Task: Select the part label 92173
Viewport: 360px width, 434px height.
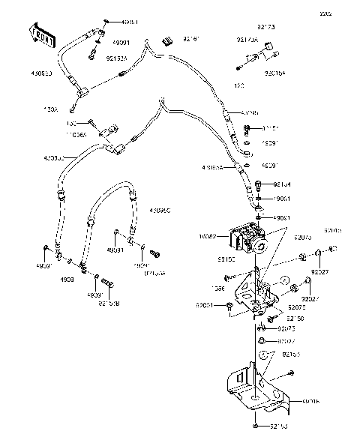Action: [x=266, y=27]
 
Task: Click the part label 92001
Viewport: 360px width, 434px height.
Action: [x=205, y=305]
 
